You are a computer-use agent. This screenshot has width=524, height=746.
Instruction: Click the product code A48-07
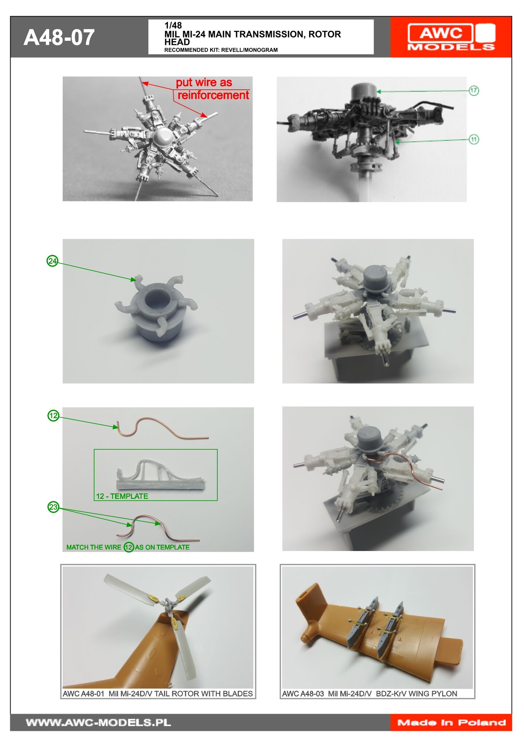click(x=59, y=38)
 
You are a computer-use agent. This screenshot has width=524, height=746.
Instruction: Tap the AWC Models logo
click(x=451, y=37)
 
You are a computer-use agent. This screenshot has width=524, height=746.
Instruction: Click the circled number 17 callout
click(x=473, y=90)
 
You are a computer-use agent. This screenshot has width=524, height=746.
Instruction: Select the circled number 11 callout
click(x=473, y=139)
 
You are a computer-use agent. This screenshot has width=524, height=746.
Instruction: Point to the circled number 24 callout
click(x=52, y=261)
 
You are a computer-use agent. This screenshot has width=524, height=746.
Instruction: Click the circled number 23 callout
click(x=53, y=507)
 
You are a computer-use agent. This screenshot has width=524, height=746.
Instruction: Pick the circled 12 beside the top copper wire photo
click(x=53, y=415)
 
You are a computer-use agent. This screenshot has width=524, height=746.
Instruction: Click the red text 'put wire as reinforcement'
click(x=213, y=89)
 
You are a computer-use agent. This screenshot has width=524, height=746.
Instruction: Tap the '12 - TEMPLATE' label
click(x=122, y=496)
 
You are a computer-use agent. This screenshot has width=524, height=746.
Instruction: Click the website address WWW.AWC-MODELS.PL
click(x=98, y=722)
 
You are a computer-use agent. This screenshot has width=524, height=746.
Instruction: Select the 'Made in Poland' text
click(x=451, y=722)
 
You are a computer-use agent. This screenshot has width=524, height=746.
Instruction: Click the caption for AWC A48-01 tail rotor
click(x=158, y=694)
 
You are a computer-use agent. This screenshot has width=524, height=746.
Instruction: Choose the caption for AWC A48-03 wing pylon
click(x=370, y=694)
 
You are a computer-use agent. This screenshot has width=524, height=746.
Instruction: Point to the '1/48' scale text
click(x=173, y=26)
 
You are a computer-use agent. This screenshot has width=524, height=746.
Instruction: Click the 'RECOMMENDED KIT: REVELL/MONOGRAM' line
click(x=221, y=50)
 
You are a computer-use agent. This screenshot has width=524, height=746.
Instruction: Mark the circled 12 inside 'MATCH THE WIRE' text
click(x=129, y=547)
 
